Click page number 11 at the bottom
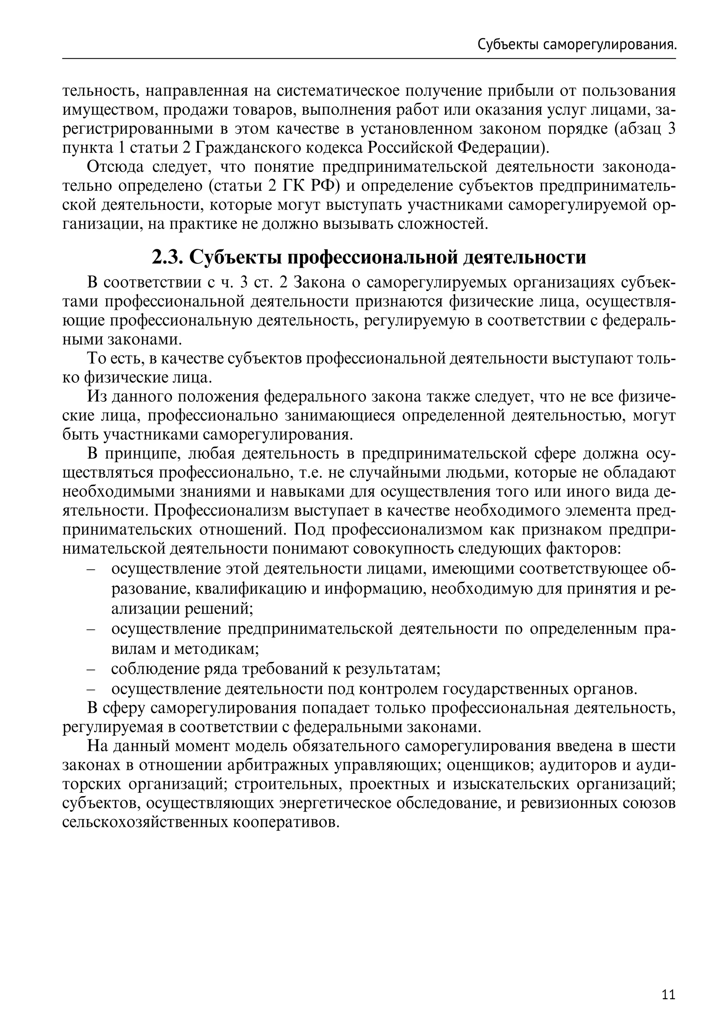[668, 982]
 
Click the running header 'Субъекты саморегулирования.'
[576, 45]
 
